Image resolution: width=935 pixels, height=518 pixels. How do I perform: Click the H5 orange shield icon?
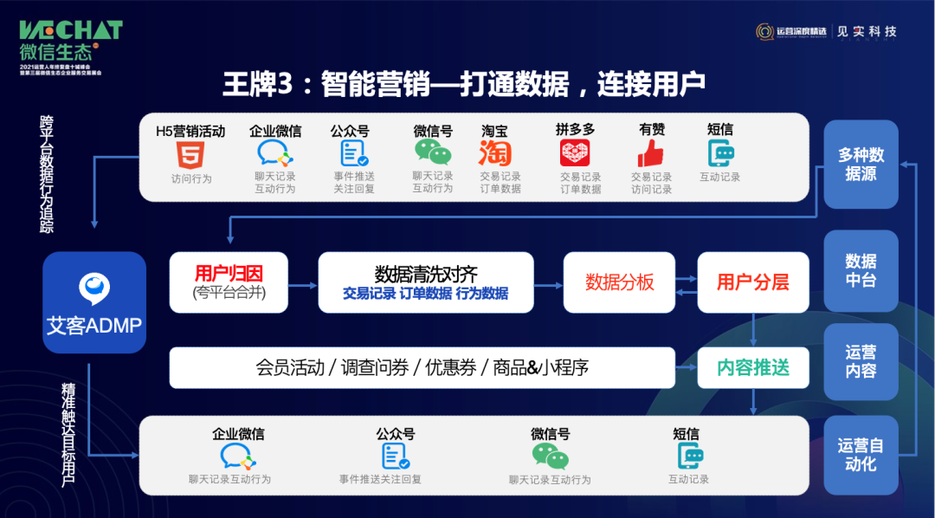[x=190, y=154]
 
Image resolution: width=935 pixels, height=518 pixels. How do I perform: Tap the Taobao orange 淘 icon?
[x=495, y=153]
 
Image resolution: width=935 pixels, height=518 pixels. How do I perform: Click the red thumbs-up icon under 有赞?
[x=650, y=153]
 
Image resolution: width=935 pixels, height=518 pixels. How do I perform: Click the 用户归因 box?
[x=229, y=282]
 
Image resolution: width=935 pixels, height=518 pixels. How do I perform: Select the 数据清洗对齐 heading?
[x=425, y=274]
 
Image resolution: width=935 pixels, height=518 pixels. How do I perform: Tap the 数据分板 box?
[x=619, y=282]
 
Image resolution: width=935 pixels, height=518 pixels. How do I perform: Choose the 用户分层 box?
[x=751, y=282]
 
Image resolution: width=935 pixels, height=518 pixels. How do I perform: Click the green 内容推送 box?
[x=751, y=367]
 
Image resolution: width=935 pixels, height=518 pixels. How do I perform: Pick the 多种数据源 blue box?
[x=861, y=165]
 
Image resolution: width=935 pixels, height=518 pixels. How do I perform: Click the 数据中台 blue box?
[x=861, y=270]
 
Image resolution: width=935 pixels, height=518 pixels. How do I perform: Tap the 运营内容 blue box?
[x=861, y=361]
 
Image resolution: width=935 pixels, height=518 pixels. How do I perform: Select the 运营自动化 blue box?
[x=861, y=454]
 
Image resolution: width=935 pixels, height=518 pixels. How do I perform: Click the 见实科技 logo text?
[x=867, y=31]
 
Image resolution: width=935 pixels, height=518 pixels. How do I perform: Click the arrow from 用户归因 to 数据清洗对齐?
[x=302, y=283]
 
